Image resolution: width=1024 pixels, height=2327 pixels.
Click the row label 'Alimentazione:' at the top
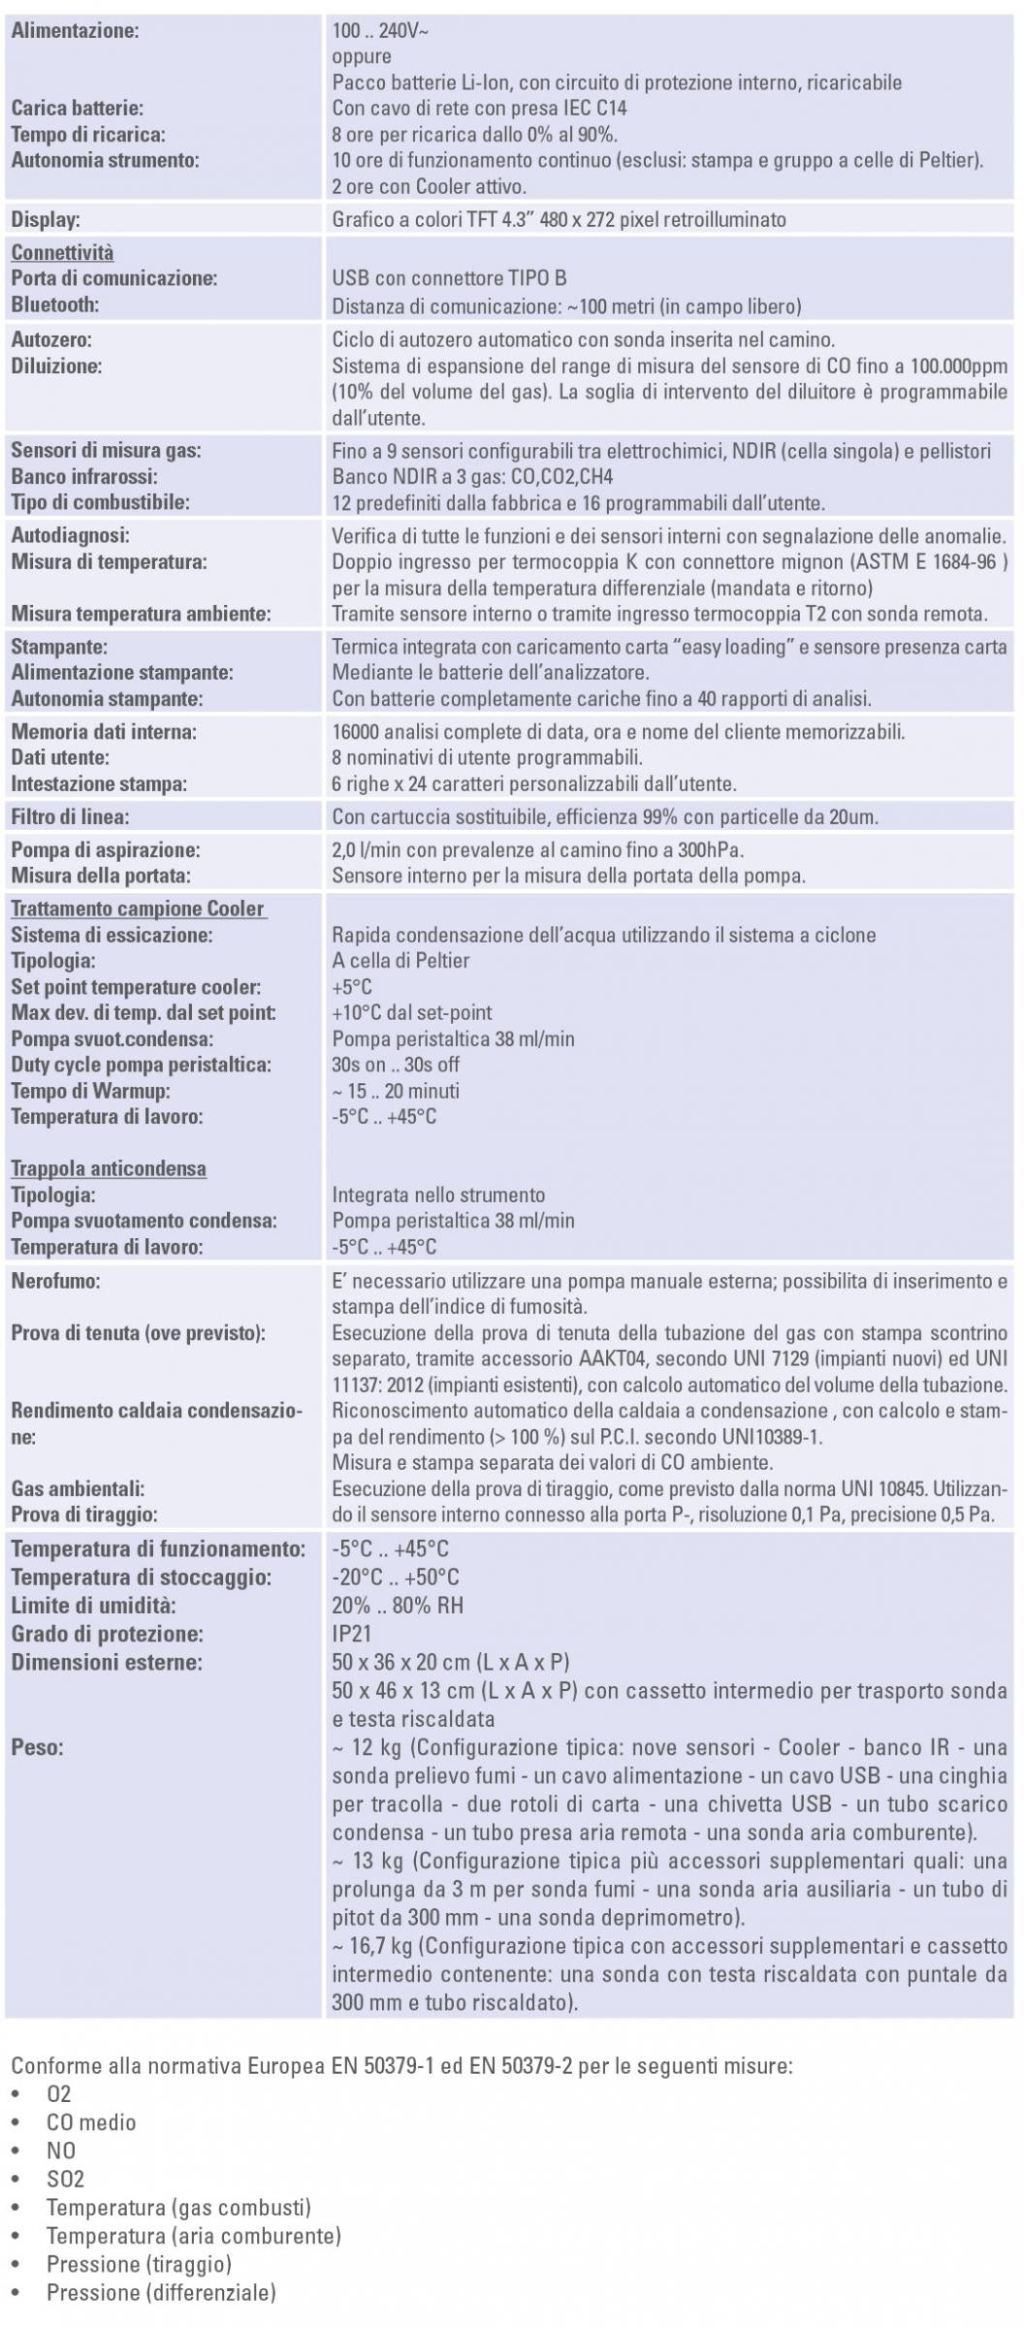click(75, 31)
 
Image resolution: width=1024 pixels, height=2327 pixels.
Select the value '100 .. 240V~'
click(380, 31)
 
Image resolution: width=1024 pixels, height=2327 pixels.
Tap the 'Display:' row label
click(46, 220)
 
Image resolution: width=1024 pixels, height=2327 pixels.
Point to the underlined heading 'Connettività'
click(62, 253)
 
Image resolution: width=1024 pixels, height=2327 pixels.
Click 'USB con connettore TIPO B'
click(449, 279)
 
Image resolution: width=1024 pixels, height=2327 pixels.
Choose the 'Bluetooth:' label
click(55, 305)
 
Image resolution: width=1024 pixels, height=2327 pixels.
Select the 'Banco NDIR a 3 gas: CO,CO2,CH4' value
click(472, 477)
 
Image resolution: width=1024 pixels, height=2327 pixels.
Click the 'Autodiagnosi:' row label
click(70, 535)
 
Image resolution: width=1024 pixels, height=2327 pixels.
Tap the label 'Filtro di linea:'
click(70, 816)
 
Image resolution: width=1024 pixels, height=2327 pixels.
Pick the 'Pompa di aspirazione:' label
click(106, 850)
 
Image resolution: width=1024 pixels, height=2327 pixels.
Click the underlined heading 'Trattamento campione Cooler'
click(138, 909)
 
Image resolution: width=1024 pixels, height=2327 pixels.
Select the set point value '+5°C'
click(352, 987)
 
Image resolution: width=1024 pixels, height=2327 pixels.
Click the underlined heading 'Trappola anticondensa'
click(109, 1168)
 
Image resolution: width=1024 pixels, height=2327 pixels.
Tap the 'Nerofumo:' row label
click(56, 1281)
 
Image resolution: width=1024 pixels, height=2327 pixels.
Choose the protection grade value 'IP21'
click(352, 1634)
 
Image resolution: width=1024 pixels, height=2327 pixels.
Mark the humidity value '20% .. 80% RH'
click(398, 1606)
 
